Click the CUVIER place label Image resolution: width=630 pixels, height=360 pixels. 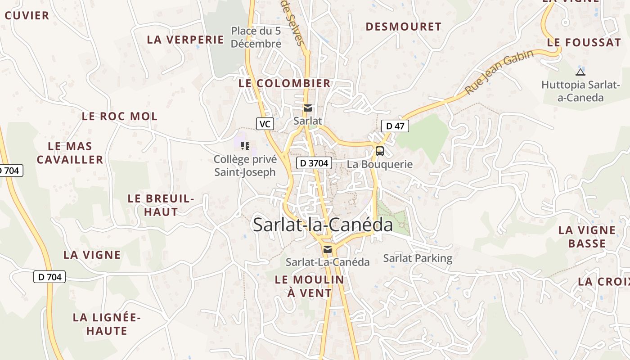(27, 16)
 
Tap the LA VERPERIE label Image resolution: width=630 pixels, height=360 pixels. (185, 40)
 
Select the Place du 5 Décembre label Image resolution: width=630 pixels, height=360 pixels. (256, 37)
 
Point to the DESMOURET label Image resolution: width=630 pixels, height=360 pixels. (403, 27)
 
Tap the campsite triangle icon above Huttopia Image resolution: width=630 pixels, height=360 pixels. (580, 72)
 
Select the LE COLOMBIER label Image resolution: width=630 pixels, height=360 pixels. (284, 83)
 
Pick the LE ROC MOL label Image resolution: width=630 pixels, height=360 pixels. (120, 116)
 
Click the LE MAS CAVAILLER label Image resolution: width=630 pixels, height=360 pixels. (70, 153)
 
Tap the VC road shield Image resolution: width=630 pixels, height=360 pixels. (265, 124)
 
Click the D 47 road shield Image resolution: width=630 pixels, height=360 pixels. (395, 126)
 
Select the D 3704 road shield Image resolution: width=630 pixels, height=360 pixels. (314, 163)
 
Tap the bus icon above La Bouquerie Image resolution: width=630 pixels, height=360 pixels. (380, 151)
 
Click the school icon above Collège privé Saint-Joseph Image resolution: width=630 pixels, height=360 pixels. (245, 145)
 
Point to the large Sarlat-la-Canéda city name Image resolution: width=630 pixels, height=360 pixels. (323, 225)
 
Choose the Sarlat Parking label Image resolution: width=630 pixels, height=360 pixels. (418, 258)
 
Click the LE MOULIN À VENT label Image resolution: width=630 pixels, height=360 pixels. (310, 286)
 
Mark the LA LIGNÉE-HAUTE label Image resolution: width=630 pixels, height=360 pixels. (107, 324)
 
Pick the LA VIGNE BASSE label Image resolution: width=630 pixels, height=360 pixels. (587, 237)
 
